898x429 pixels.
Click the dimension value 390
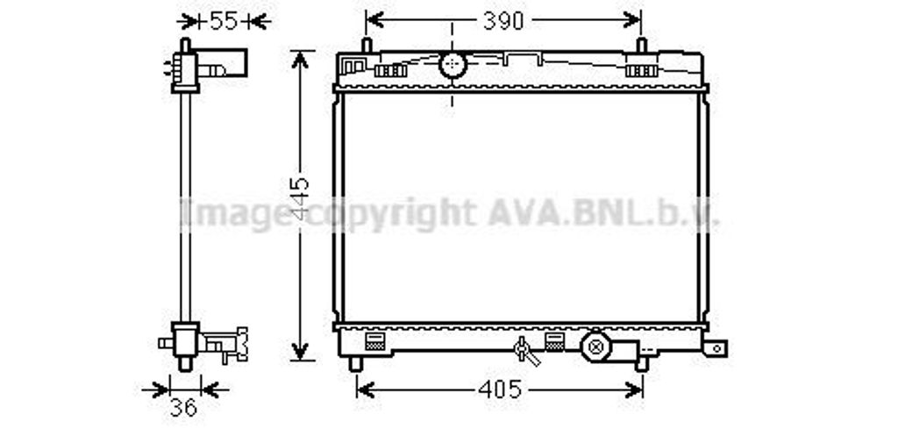click(503, 21)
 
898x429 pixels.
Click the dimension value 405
click(500, 390)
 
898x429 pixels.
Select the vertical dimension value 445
click(300, 199)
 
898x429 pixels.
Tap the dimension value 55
click(224, 21)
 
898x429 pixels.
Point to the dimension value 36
click(184, 407)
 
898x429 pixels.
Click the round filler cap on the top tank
click(453, 64)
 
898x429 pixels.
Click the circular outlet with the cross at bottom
click(595, 347)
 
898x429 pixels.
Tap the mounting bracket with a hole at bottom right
click(716, 347)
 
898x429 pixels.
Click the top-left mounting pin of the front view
click(367, 46)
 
